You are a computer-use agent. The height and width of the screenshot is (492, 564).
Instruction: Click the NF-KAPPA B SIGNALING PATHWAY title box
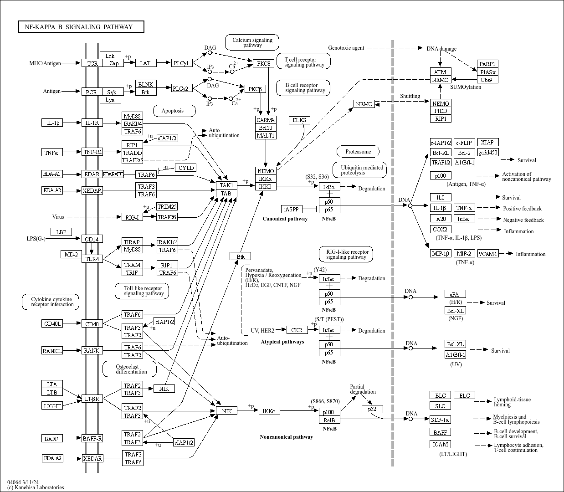(81, 27)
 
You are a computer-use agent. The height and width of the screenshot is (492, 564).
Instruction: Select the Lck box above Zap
(110, 56)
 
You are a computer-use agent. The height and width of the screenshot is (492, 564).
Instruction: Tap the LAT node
(146, 63)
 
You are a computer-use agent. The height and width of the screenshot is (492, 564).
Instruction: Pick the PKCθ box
(264, 63)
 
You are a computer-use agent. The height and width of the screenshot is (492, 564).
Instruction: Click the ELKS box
(299, 120)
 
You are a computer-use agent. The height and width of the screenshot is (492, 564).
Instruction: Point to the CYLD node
(186, 168)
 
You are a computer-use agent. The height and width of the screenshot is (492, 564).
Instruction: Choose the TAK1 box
(226, 185)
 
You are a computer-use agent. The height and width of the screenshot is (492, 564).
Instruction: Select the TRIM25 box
(167, 207)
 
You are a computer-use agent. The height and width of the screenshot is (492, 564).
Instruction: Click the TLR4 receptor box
(92, 259)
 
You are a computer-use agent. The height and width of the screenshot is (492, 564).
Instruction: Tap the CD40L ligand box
(51, 324)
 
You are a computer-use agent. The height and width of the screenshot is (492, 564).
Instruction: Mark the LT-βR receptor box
(92, 399)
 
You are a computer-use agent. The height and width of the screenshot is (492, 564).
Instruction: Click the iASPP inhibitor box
(292, 209)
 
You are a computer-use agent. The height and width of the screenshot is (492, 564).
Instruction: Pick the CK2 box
(296, 330)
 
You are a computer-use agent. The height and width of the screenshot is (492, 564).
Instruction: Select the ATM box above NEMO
(440, 72)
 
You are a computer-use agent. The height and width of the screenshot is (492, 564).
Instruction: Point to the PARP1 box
(487, 64)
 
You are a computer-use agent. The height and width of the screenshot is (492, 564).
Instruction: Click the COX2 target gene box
(440, 230)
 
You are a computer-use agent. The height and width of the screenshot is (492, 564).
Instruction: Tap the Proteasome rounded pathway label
(358, 152)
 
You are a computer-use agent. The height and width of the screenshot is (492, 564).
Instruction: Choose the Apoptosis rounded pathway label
(173, 111)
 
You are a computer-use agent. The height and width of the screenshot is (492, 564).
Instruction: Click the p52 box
(372, 409)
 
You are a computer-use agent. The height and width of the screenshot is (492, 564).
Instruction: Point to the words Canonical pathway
(285, 219)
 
